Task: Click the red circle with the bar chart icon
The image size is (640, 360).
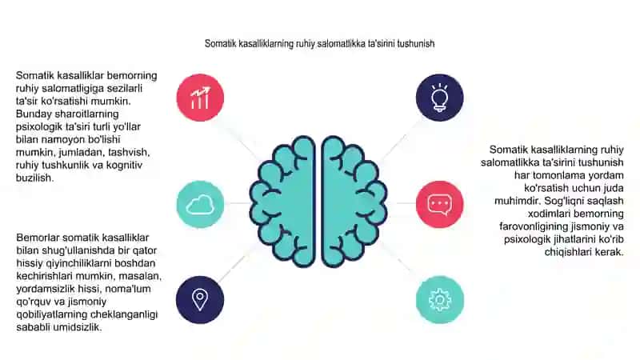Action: tap(200, 98)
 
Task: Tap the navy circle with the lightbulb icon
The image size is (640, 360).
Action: tap(439, 98)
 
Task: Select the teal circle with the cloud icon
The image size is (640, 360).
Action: tap(200, 204)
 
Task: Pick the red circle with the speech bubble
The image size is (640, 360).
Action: tap(439, 204)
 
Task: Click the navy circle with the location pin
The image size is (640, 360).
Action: tap(200, 299)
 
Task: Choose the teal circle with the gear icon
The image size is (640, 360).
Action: tap(439, 299)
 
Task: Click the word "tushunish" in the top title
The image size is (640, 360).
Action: tap(415, 44)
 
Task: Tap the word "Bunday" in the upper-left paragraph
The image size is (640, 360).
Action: tap(34, 114)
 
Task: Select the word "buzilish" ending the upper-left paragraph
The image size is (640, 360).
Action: tap(34, 178)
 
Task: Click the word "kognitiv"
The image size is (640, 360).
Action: tap(124, 166)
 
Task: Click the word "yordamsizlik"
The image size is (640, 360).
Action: tap(46, 289)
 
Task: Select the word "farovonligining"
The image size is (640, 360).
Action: tap(534, 226)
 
